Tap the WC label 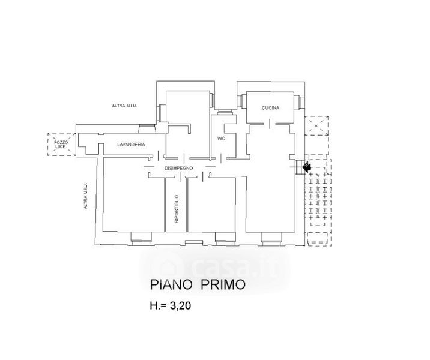click(221, 139)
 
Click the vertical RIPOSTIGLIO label click(177, 209)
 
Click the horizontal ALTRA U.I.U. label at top click(124, 106)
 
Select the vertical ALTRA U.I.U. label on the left click(86, 196)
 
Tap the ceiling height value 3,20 click(181, 305)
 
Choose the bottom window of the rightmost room click(271, 239)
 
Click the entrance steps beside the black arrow click(298, 166)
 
